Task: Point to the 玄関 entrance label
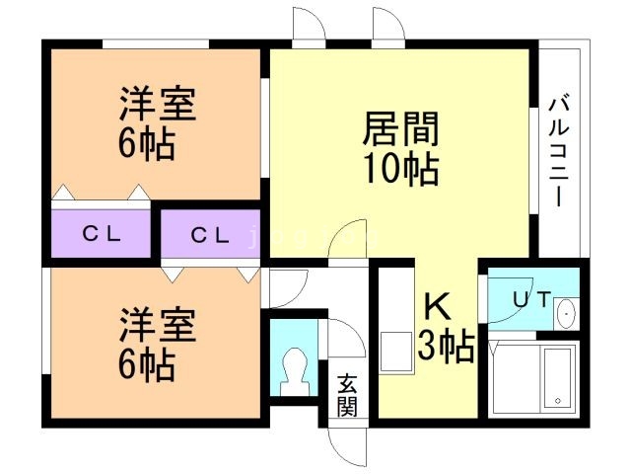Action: tap(346, 394)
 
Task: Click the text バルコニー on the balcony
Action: tap(559, 150)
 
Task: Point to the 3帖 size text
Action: tap(445, 348)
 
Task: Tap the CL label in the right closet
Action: tap(210, 235)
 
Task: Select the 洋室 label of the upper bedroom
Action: tap(158, 104)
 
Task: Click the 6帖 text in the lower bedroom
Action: tap(147, 366)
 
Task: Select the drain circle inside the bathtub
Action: tap(559, 401)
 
